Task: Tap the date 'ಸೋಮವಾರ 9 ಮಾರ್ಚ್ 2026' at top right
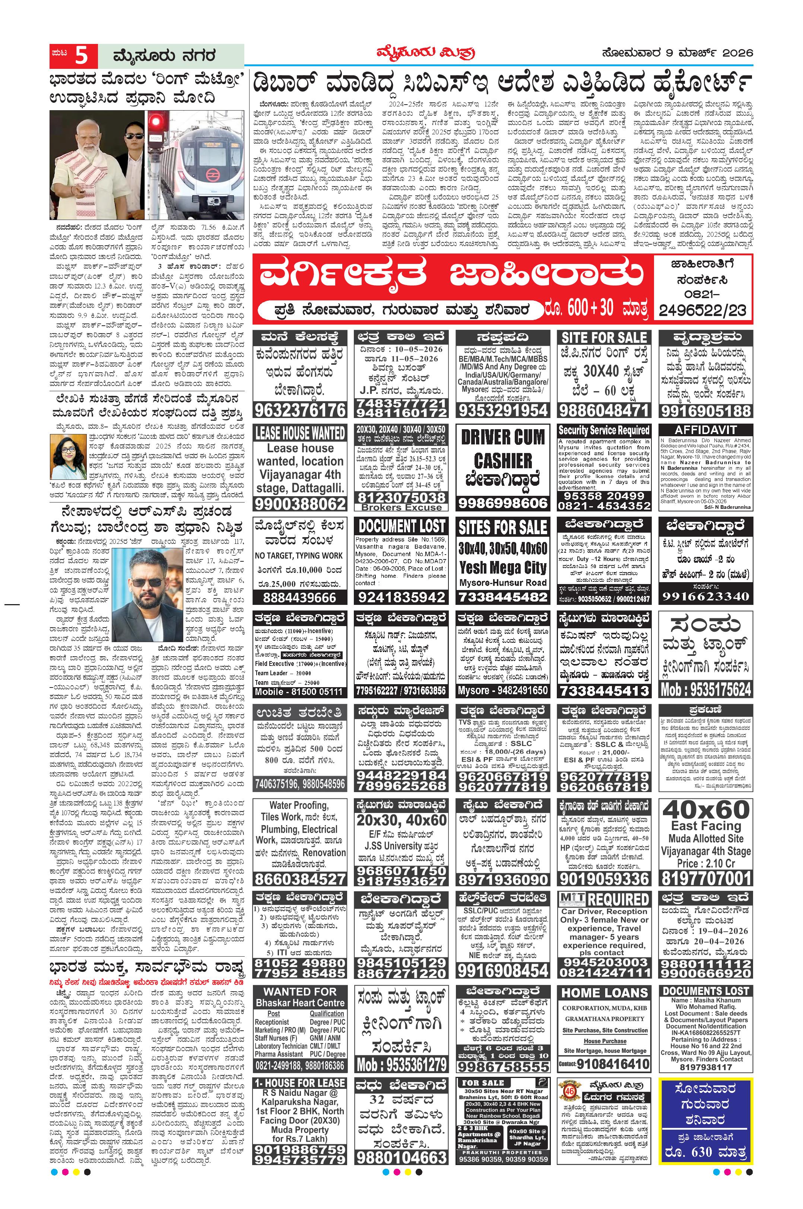tap(677, 53)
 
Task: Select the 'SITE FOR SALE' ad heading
tap(604, 338)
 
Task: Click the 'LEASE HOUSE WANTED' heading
tap(299, 433)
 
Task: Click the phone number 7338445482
tap(503, 597)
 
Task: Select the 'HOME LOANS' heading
tap(604, 993)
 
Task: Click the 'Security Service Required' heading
tap(604, 430)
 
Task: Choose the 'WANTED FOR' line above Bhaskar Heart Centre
tap(299, 992)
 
